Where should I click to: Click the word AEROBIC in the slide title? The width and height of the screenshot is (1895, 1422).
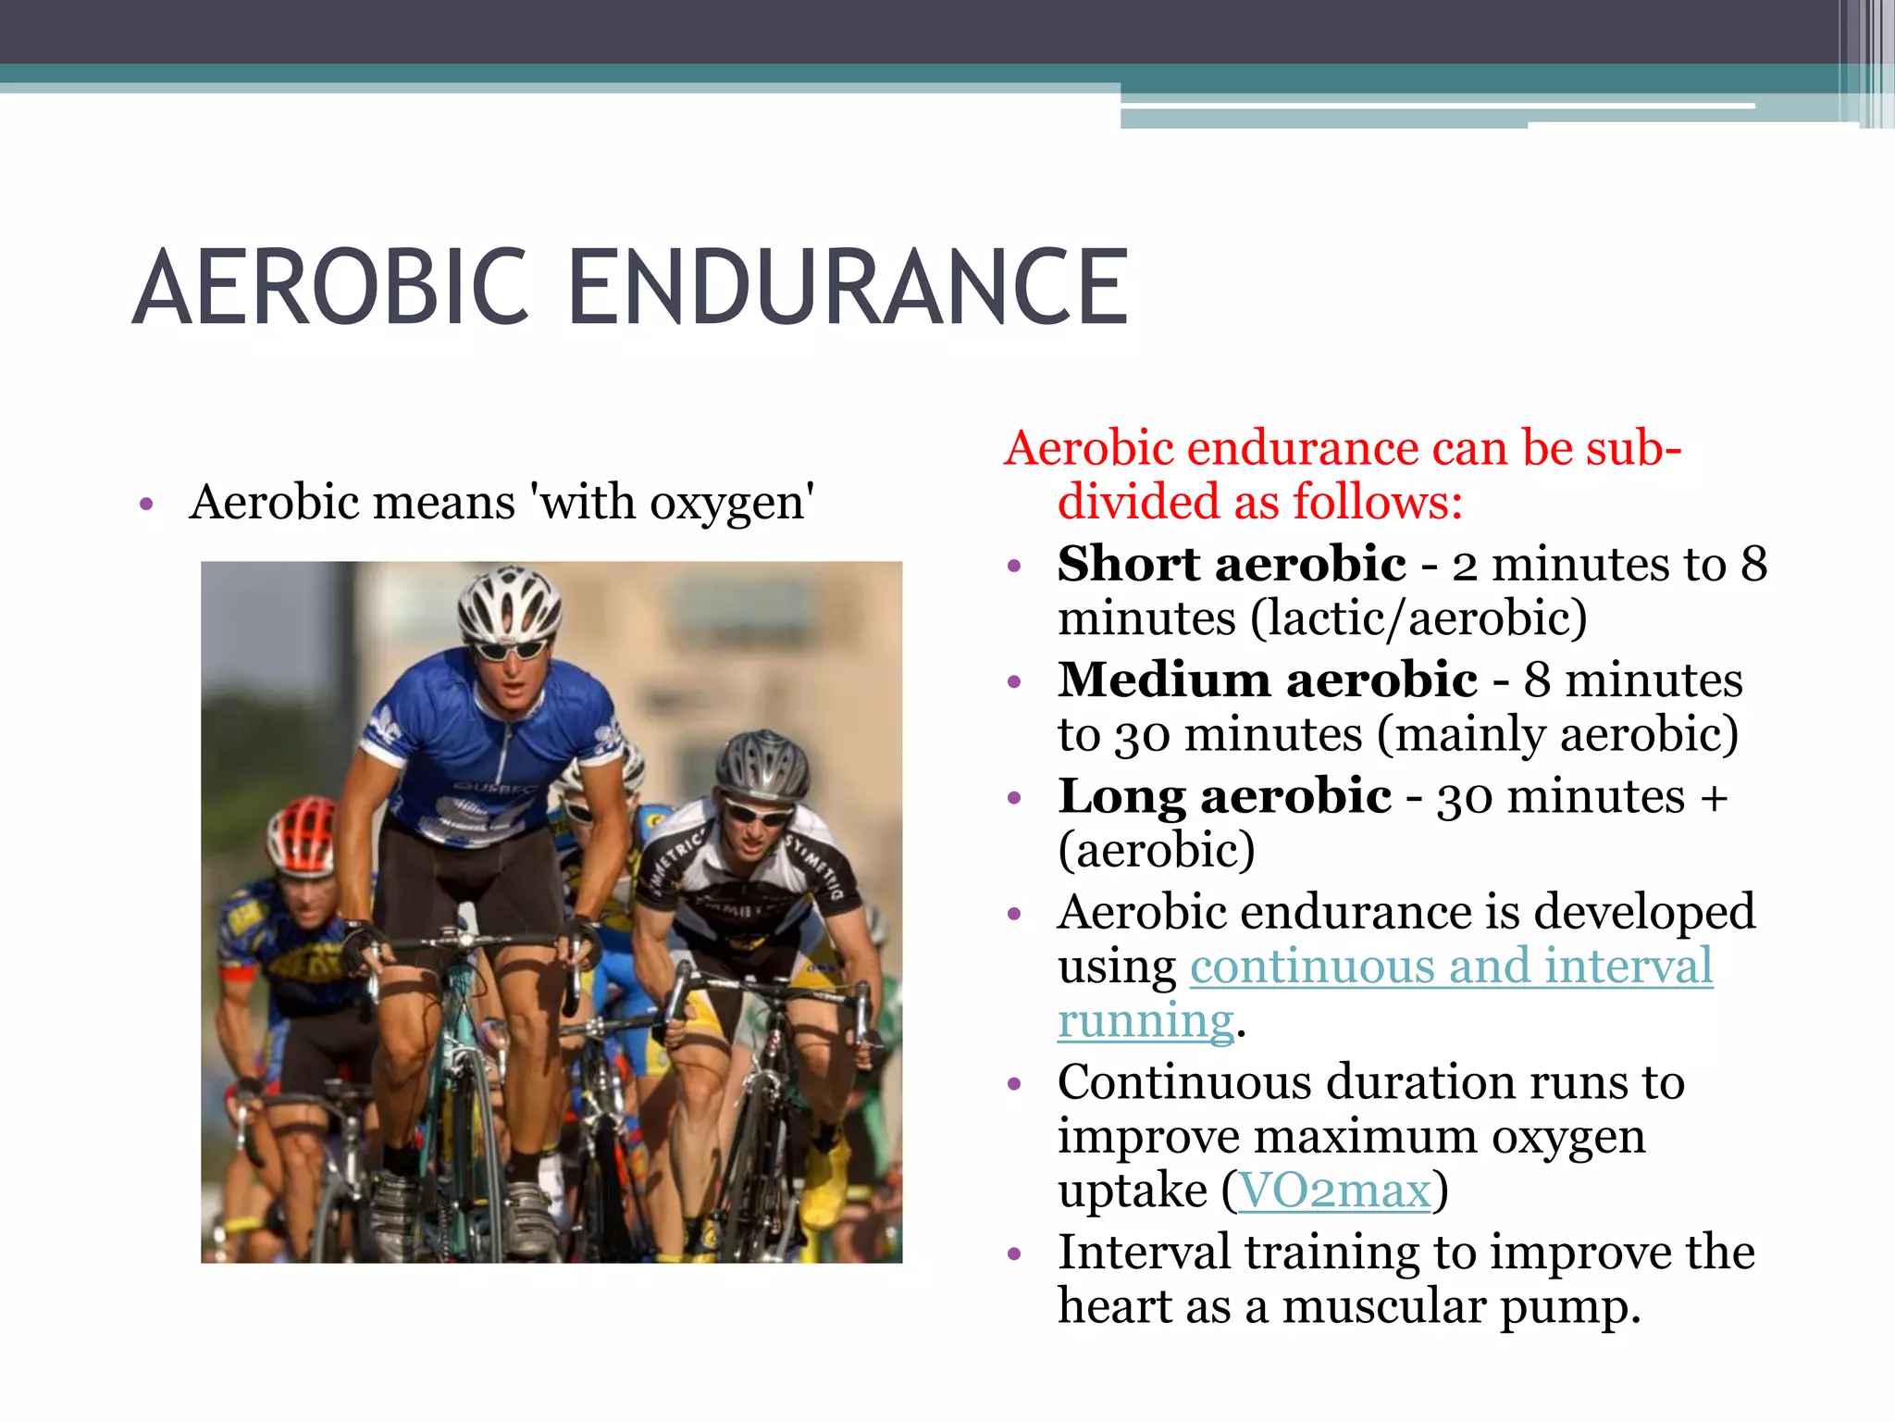click(331, 288)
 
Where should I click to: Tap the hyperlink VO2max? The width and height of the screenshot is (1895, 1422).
click(1334, 1191)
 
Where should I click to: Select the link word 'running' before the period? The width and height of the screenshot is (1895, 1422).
click(1146, 1021)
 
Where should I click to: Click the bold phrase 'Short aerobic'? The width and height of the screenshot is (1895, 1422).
click(1232, 564)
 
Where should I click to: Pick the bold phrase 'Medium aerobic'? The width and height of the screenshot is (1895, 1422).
click(1268, 680)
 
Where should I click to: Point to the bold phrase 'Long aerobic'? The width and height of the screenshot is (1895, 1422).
click(1224, 796)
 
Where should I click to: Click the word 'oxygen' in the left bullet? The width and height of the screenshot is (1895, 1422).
click(727, 504)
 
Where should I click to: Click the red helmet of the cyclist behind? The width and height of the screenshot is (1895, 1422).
click(301, 833)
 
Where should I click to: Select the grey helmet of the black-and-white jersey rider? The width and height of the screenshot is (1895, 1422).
click(762, 764)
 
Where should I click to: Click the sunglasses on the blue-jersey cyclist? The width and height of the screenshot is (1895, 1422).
click(510, 649)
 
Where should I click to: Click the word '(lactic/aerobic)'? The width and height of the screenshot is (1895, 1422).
click(1418, 618)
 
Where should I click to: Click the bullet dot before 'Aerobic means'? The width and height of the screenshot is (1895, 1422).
click(145, 505)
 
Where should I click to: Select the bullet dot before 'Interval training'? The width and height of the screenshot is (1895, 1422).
click(1014, 1255)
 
